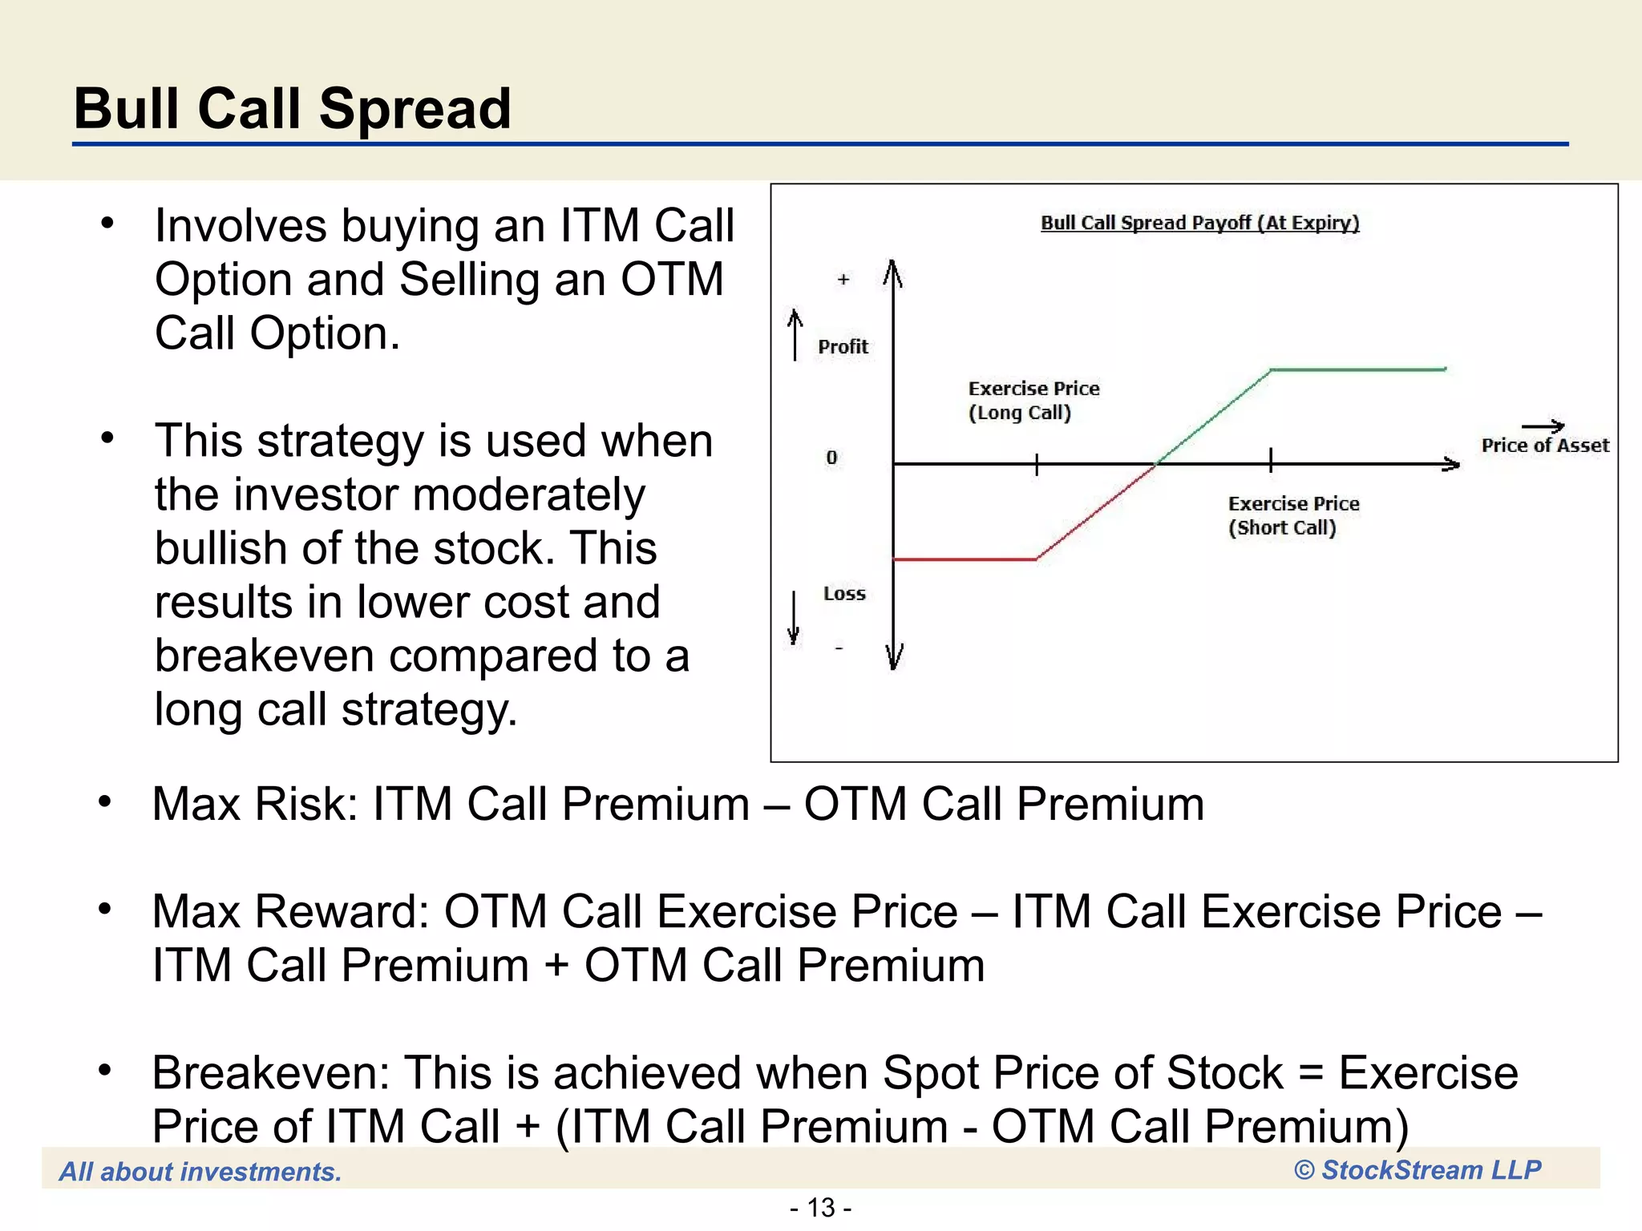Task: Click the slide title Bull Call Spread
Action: [292, 109]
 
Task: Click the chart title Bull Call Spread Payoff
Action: [1199, 223]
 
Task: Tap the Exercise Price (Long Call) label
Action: [1033, 400]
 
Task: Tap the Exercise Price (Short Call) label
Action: [1292, 515]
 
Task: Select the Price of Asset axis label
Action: [1544, 446]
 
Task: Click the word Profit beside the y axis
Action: [843, 347]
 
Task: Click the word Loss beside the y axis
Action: [844, 594]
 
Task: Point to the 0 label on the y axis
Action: [831, 458]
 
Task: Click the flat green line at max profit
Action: [1358, 369]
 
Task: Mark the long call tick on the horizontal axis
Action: [1037, 464]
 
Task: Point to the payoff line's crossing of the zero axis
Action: [1155, 463]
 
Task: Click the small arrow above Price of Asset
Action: [1543, 426]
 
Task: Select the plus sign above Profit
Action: [843, 280]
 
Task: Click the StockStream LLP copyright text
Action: [1417, 1170]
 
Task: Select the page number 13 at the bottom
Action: [821, 1207]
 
